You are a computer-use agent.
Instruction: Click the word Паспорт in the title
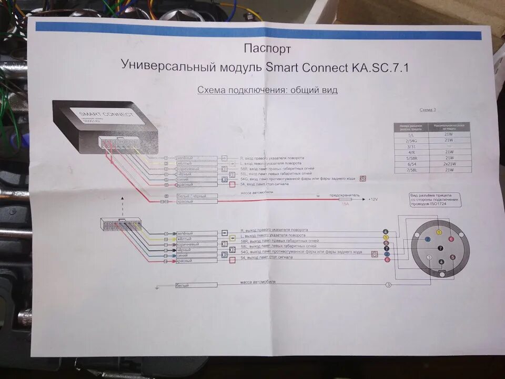pos(267,49)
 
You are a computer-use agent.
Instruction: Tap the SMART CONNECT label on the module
pos(106,114)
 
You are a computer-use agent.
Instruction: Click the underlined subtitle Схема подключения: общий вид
pos(267,90)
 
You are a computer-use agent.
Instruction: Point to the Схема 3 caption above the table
pos(427,110)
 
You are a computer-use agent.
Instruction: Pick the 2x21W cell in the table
pos(449,164)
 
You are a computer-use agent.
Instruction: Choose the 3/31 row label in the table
pos(411,146)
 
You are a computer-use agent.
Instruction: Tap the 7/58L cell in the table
pos(411,169)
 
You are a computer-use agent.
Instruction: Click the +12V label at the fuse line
pos(373,200)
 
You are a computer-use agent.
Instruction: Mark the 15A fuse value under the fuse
pos(345,204)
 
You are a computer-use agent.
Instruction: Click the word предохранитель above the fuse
pos(345,195)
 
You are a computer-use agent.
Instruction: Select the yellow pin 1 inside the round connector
pos(439,232)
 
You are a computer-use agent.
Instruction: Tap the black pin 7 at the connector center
pos(440,247)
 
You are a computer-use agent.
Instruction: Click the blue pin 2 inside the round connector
pos(428,239)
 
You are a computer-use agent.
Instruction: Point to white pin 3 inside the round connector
pos(429,257)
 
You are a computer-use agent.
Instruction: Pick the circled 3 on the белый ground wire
pos(388,285)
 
